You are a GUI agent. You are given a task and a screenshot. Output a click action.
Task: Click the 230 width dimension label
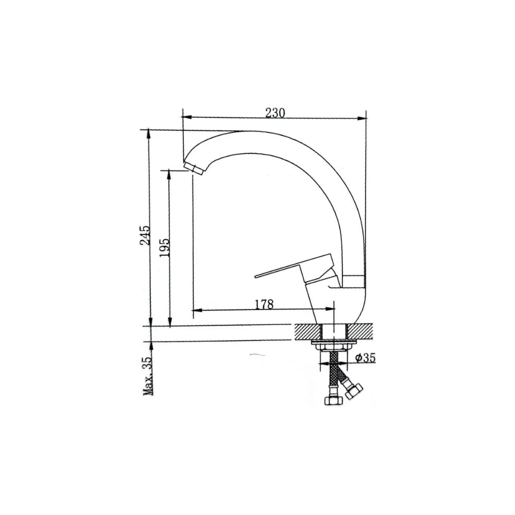click(x=275, y=113)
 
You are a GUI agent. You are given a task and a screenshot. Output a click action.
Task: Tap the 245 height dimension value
click(x=145, y=235)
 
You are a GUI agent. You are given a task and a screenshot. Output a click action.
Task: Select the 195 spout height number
click(x=165, y=247)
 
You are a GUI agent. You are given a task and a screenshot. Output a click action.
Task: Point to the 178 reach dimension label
click(x=264, y=304)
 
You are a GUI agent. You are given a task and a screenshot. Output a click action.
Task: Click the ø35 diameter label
click(x=365, y=358)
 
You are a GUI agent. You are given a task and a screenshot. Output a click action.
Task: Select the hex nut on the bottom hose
click(x=334, y=400)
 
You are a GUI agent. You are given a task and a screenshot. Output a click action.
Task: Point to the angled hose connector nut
click(x=353, y=389)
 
